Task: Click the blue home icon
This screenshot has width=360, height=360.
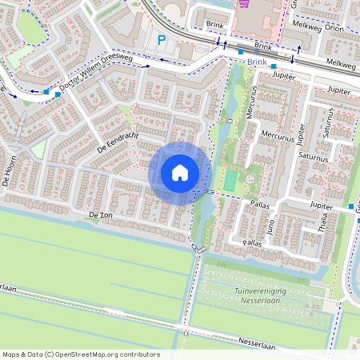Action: (x=180, y=173)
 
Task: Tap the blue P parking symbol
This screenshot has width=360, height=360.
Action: (x=162, y=40)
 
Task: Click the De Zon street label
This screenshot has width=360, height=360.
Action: (x=101, y=216)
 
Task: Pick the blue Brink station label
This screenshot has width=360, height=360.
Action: (x=257, y=62)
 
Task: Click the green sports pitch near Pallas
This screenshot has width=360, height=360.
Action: (x=230, y=181)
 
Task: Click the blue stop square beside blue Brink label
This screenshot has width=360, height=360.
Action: (x=241, y=53)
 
